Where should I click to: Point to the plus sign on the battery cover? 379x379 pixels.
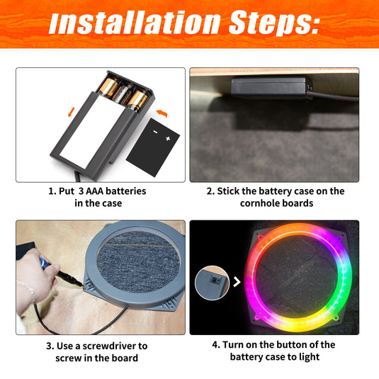click(168, 140)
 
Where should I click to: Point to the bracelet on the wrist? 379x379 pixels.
click(26, 291)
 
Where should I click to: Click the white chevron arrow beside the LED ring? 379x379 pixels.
click(236, 283)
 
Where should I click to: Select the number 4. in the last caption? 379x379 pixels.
click(216, 345)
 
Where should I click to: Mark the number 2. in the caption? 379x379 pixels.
click(210, 191)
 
